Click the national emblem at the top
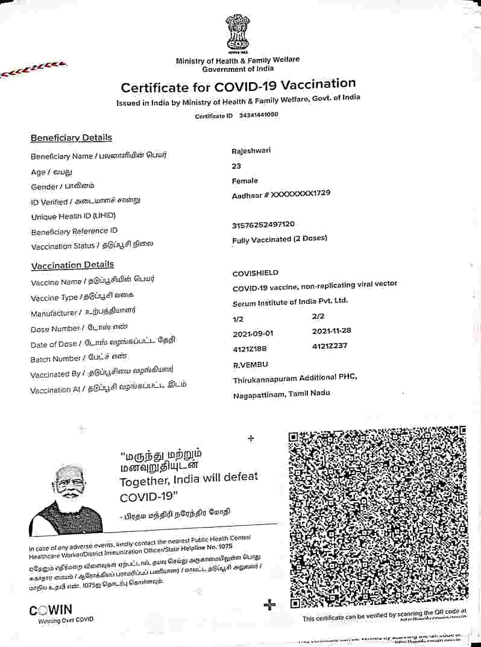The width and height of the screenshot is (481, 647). click(237, 34)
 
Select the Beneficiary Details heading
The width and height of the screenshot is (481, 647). click(71, 137)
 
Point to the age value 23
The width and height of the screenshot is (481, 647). click(237, 166)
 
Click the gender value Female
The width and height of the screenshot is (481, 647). click(245, 181)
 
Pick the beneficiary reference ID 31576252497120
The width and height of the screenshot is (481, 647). click(263, 225)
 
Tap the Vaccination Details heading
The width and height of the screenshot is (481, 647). click(72, 265)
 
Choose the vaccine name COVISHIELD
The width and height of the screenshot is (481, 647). click(256, 273)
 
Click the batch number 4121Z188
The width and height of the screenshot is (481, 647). click(250, 349)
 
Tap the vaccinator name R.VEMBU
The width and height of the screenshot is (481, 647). click(250, 364)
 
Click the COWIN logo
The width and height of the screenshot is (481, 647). click(51, 610)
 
